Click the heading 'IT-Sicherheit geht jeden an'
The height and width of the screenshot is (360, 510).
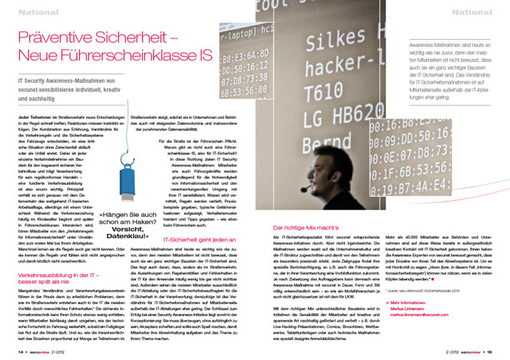(195, 194)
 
